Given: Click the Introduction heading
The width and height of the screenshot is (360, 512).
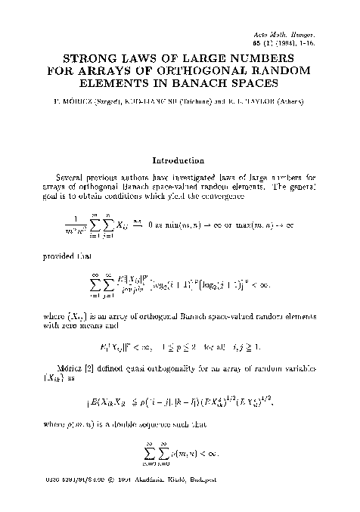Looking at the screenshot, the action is point(180,160).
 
